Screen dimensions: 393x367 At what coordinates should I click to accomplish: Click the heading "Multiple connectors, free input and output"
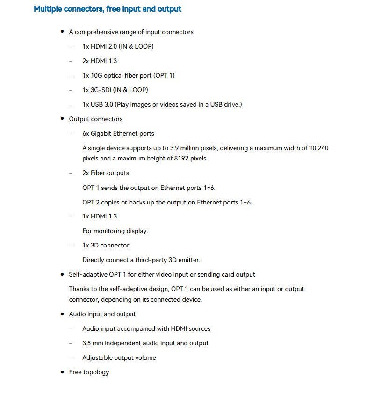108,9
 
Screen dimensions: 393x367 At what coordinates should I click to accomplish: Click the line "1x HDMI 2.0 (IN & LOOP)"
118,46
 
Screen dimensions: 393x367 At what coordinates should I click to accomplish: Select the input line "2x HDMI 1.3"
100,61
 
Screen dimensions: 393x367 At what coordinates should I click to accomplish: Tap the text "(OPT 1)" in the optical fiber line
164,75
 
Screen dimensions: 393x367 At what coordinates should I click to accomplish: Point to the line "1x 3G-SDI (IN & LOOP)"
115,90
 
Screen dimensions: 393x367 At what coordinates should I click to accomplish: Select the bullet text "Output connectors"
96,119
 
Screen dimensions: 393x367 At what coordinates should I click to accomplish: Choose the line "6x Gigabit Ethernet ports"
118,133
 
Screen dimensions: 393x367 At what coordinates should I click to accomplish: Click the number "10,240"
321,148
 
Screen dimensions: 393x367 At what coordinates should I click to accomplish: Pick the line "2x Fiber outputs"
106,173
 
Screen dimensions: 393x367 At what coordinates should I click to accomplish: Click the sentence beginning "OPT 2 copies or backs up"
167,202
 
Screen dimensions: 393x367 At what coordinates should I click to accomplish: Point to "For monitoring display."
115,231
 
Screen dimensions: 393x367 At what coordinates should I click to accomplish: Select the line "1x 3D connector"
106,245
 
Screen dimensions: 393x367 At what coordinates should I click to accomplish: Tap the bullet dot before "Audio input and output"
62,314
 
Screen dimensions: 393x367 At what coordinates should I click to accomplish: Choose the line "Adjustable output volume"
119,357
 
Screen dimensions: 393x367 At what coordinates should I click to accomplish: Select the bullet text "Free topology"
89,372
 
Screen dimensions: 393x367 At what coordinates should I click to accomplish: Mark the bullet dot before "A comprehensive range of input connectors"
62,32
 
